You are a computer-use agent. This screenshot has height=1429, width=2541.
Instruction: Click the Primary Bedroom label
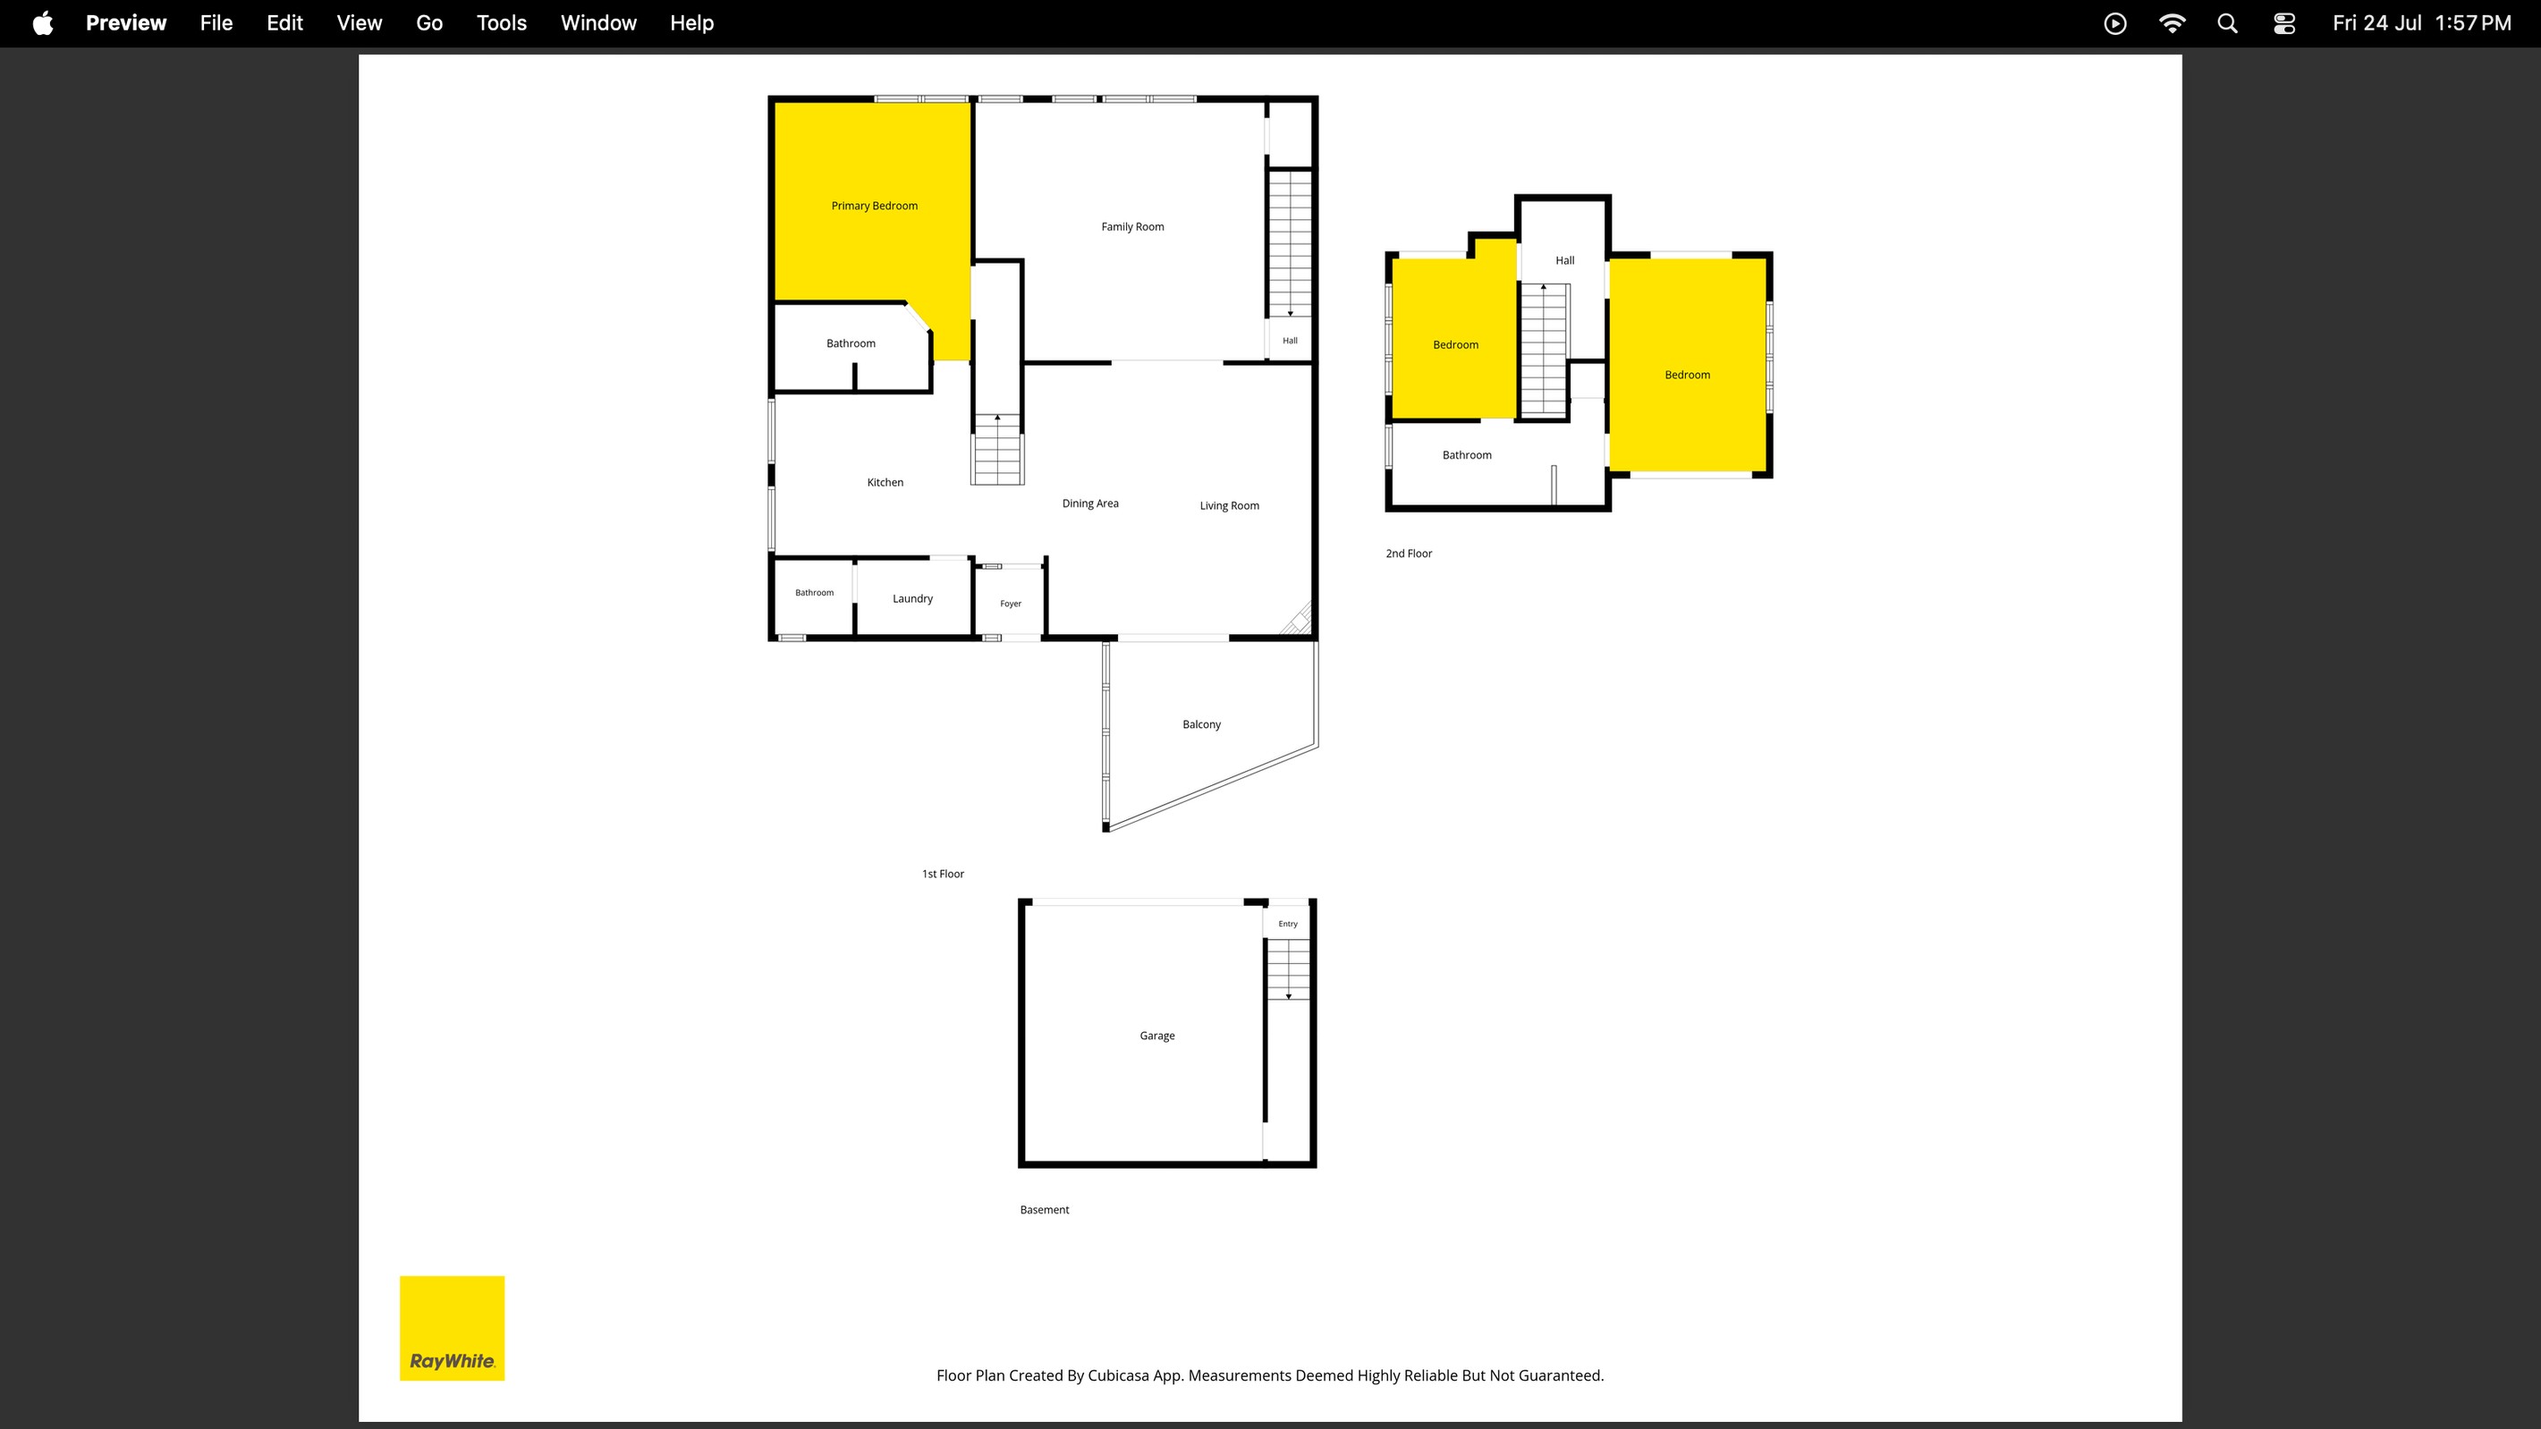pos(874,206)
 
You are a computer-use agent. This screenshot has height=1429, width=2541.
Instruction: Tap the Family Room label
pos(1132,227)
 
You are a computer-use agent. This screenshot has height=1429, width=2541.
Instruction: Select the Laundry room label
pos(912,598)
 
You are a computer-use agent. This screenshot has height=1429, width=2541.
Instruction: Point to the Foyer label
pos(1010,604)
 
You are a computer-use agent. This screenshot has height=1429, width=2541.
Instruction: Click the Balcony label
pos(1201,725)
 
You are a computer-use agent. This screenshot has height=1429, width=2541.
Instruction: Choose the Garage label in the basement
pos(1157,1036)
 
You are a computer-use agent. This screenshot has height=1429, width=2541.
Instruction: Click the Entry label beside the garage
pos(1287,924)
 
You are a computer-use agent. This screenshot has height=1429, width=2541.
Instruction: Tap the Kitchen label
pos(885,482)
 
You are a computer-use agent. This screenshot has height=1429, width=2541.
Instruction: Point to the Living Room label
pos(1229,506)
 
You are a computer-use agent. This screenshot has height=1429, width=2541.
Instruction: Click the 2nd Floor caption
pos(1409,554)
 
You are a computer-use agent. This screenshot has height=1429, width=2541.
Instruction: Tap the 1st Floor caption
pos(942,874)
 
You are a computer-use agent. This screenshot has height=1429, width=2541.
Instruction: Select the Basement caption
pos(1044,1210)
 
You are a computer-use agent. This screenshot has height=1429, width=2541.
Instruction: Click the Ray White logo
pos(452,1329)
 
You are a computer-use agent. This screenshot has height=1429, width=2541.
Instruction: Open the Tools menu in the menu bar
pos(501,22)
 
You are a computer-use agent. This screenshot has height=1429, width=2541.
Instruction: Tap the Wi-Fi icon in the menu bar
pos(2171,22)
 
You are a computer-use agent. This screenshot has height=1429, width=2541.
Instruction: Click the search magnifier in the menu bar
pos(2227,22)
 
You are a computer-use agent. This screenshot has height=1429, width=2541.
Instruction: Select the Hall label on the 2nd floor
pos(1564,261)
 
